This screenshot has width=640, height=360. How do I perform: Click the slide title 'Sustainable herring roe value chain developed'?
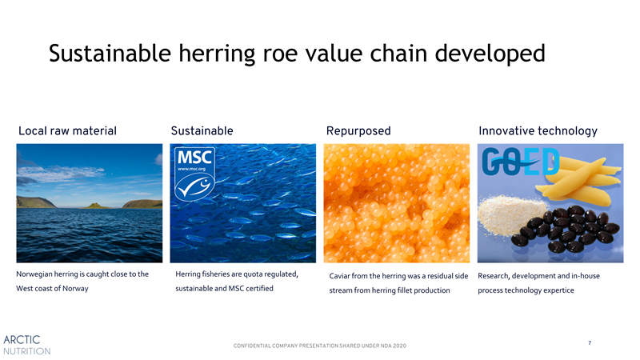(297, 54)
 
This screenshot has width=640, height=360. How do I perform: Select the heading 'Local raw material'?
(67, 130)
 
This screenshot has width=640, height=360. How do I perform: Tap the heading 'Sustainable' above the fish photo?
(202, 130)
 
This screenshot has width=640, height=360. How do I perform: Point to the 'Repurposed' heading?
(358, 131)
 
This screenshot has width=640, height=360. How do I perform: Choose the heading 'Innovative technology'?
(538, 131)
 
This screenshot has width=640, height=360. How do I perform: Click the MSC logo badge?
(194, 174)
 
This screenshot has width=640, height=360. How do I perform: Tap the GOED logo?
(521, 162)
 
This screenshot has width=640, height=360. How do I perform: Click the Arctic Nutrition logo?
(27, 345)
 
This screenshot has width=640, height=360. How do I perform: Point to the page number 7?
(590, 343)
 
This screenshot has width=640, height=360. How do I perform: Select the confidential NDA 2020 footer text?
(319, 346)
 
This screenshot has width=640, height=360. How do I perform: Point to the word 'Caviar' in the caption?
(339, 276)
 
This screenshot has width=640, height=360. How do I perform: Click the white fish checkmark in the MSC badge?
(194, 186)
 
